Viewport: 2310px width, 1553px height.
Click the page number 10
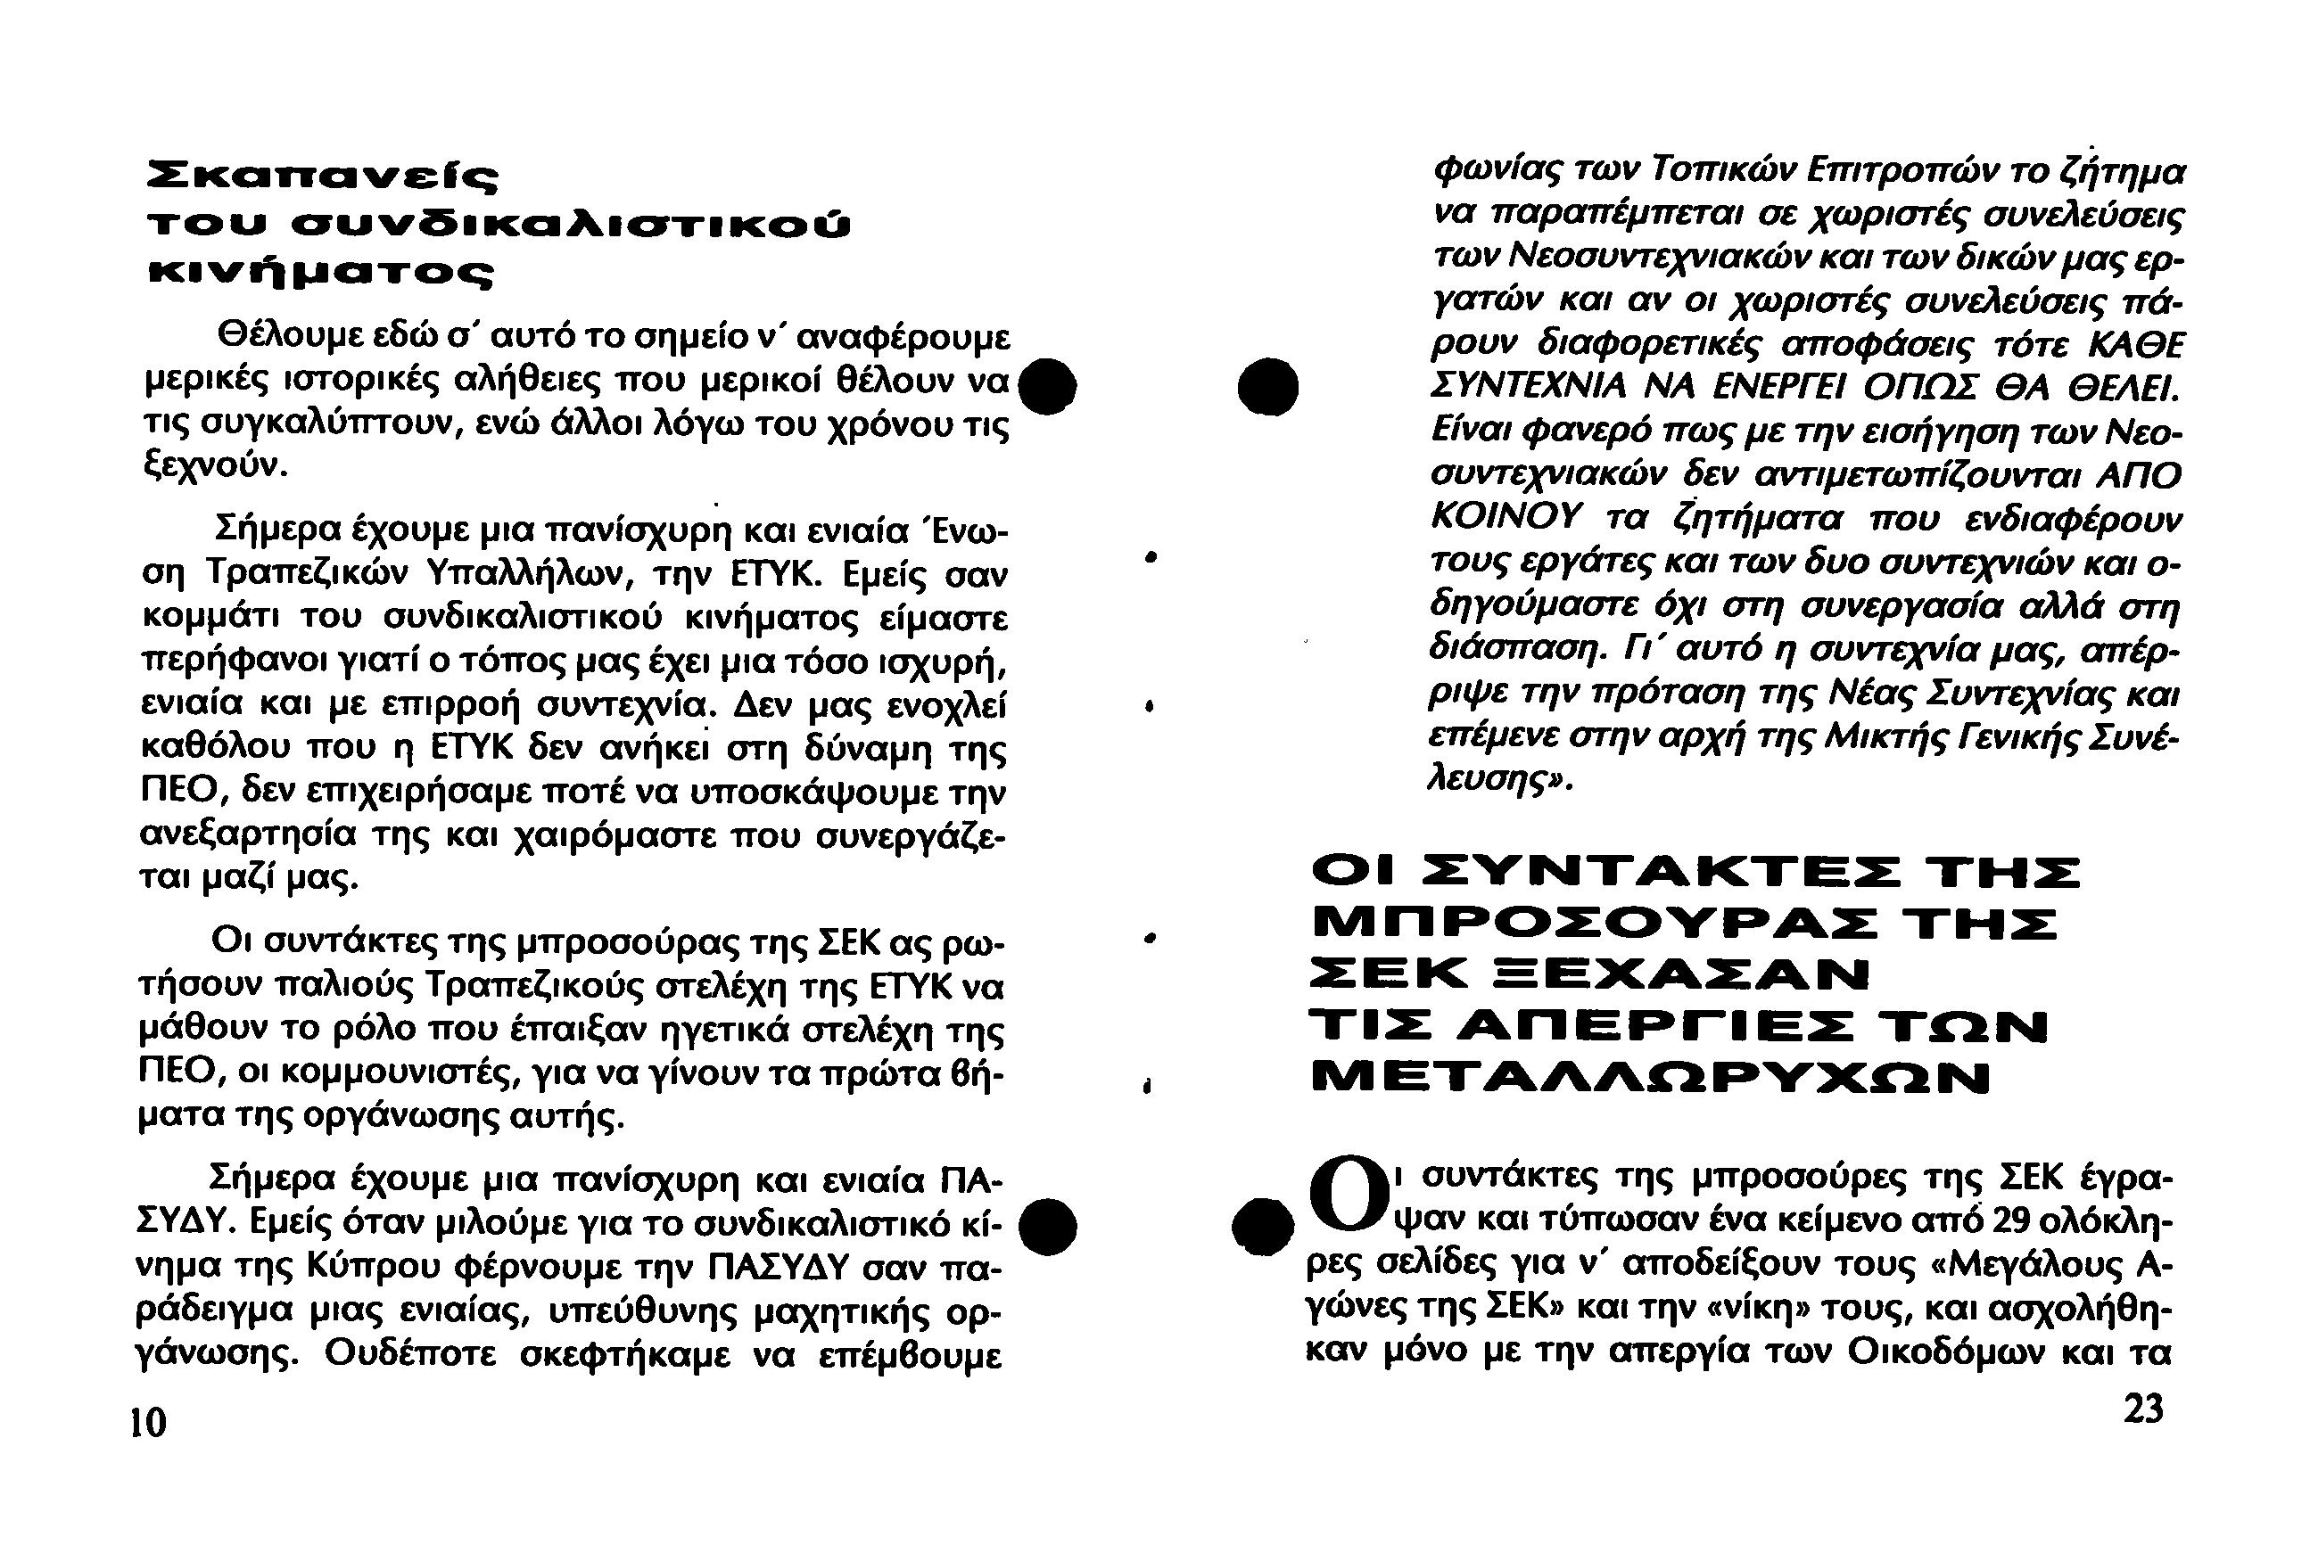149,1423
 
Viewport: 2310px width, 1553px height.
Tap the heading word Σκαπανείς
322,178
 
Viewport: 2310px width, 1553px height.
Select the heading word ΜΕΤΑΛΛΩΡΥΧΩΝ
1650,1079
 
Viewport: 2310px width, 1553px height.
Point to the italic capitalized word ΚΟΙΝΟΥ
1506,517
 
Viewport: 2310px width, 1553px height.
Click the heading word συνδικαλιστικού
575,226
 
